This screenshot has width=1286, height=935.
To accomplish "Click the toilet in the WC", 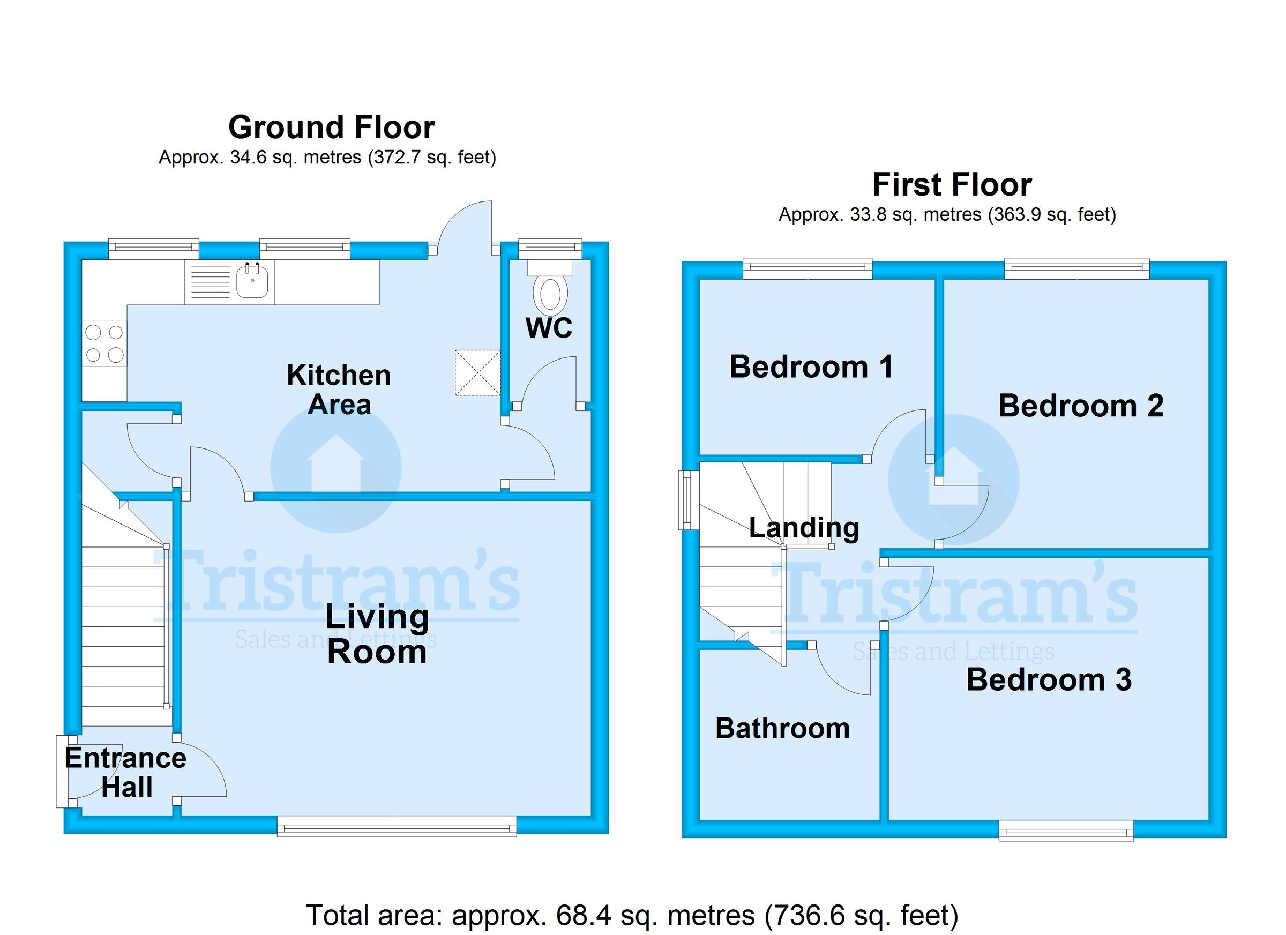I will click(x=549, y=293).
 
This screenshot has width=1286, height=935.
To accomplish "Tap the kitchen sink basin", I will click(x=252, y=282).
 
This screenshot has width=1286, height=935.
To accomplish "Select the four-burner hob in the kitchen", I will click(x=104, y=343).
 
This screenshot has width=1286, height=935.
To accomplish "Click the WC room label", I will click(x=548, y=328).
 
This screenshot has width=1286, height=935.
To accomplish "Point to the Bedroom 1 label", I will click(x=811, y=367).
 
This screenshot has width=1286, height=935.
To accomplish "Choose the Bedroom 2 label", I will click(x=1080, y=406).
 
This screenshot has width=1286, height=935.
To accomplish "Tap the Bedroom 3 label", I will click(x=1049, y=680).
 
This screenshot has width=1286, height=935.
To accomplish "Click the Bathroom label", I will click(x=782, y=729).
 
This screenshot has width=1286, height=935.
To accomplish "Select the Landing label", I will click(x=804, y=528).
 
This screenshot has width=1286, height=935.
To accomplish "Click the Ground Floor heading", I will click(x=331, y=128).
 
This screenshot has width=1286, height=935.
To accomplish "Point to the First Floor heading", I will click(x=952, y=185).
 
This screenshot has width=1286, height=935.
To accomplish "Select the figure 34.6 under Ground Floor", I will click(x=248, y=157).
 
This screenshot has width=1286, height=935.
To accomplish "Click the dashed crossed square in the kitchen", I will click(x=477, y=372).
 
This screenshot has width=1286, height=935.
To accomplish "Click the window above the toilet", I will click(x=550, y=246).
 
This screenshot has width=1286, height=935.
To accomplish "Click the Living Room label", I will click(x=377, y=634).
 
